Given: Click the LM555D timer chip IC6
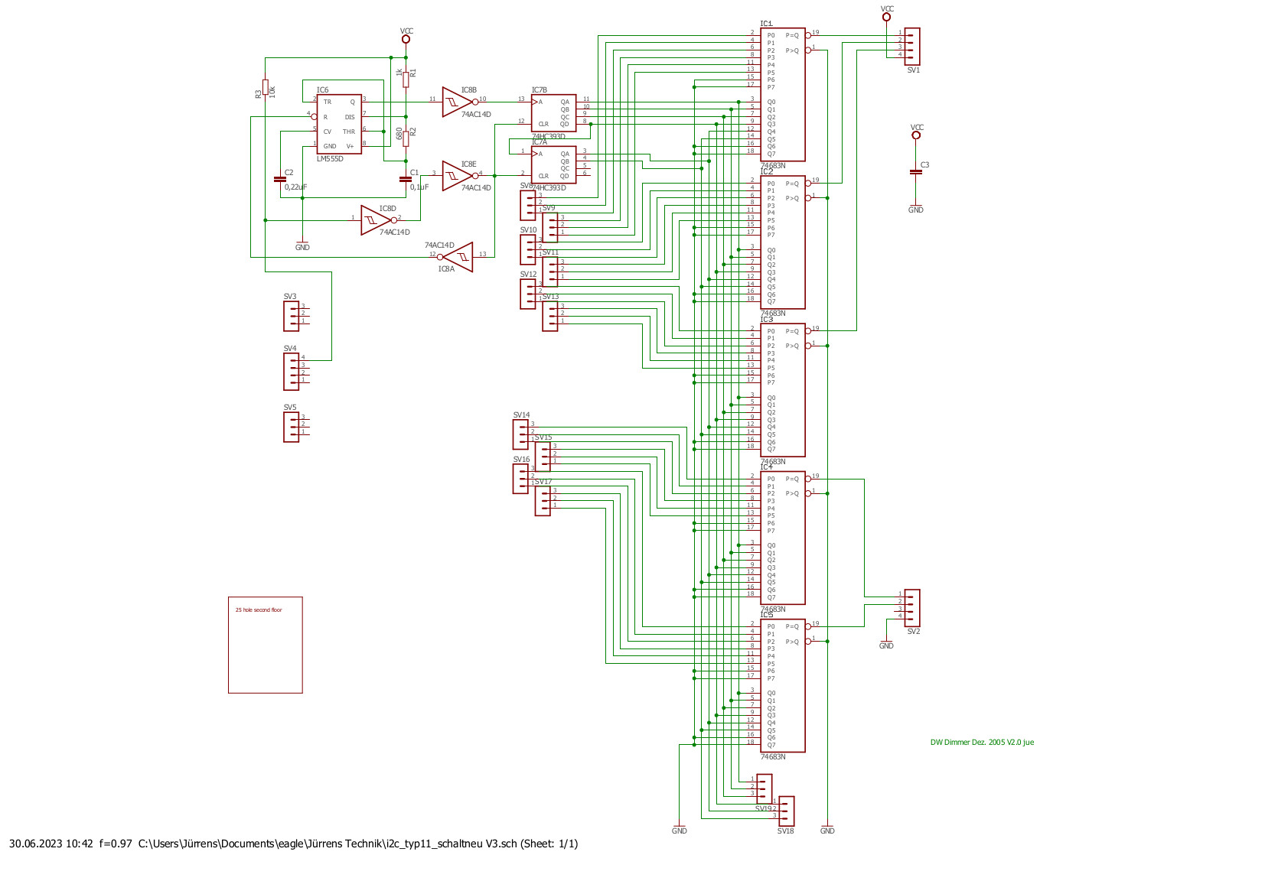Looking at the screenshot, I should click(x=338, y=124).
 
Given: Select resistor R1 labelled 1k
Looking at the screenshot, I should click(x=406, y=80).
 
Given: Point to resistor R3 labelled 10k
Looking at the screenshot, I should click(x=266, y=87).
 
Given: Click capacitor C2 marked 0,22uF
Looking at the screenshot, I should click(x=279, y=179).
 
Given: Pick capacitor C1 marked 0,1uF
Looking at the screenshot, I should click(x=406, y=179).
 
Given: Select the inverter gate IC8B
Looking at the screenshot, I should click(x=458, y=102).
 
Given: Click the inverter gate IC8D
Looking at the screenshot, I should click(x=375, y=220).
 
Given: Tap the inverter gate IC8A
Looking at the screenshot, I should click(x=459, y=256).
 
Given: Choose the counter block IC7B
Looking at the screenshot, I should click(x=553, y=112).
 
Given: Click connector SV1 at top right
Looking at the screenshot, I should click(x=911, y=47).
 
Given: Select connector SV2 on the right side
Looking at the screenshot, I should click(x=911, y=607).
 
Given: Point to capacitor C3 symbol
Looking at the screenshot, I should click(x=916, y=172).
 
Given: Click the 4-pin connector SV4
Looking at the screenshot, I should click(x=292, y=371).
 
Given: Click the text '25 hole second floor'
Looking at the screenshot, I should click(x=259, y=610).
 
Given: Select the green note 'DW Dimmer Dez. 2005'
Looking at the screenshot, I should click(x=982, y=743).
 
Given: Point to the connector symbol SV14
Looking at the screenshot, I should click(x=521, y=434).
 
